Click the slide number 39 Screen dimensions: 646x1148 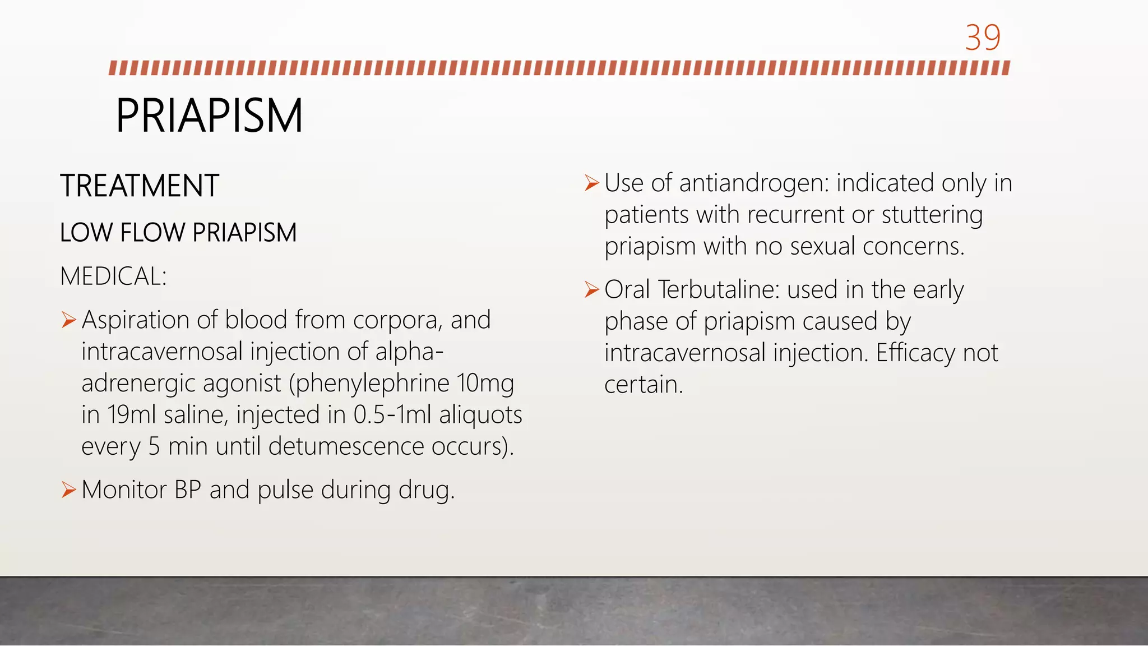tap(983, 38)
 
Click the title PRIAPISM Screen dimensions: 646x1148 tap(209, 116)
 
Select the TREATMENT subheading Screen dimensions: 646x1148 tap(139, 186)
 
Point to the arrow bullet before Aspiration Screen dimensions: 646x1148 tap(68, 320)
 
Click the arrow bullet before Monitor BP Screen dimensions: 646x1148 tap(68, 490)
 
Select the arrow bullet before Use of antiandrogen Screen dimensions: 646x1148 tap(591, 183)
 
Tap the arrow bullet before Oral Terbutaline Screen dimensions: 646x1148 tap(591, 289)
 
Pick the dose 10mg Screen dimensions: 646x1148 tap(485, 384)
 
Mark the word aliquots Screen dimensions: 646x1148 tap(480, 416)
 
